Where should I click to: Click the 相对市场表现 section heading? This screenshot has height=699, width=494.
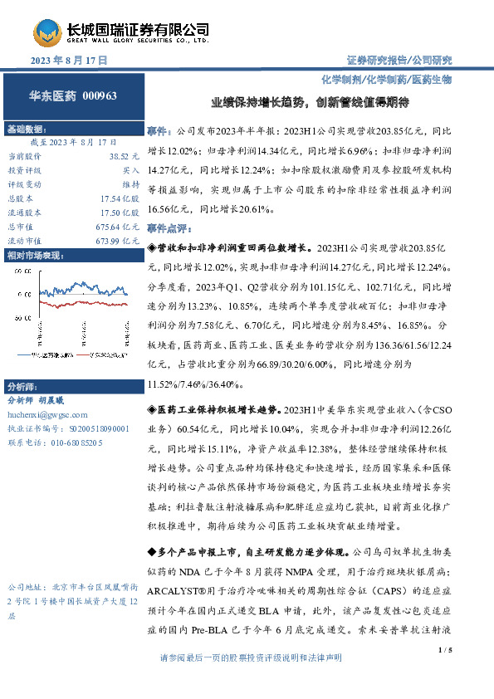click(x=34, y=256)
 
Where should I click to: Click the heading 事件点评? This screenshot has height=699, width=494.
click(x=168, y=227)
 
